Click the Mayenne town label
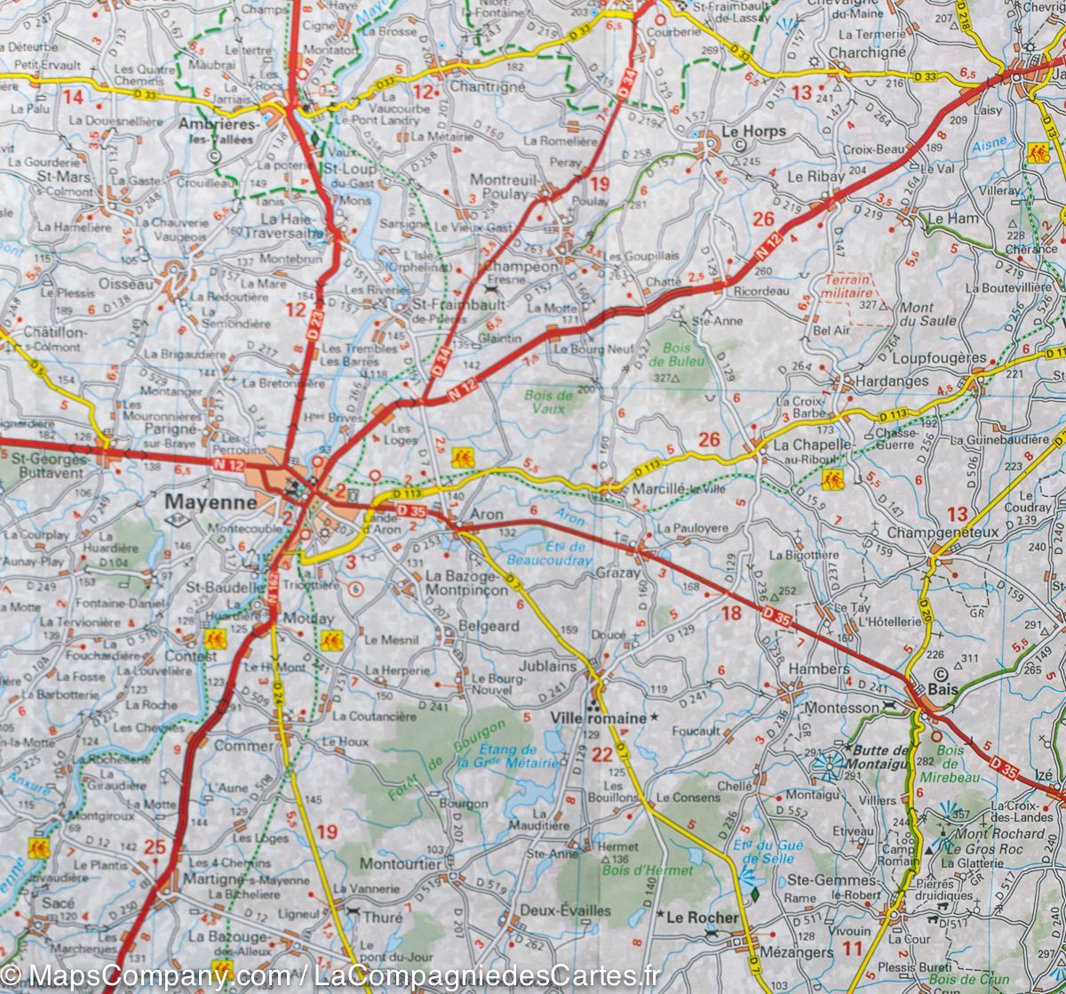(x=211, y=502)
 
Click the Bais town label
(x=941, y=688)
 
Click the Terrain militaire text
(x=847, y=285)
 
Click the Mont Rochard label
(x=999, y=833)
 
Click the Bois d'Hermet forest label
(x=634, y=870)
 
